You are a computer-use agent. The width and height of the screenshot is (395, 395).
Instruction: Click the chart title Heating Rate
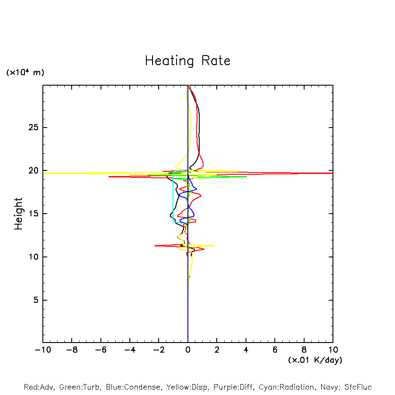point(187,61)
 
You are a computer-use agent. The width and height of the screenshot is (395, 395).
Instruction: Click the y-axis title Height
point(18,214)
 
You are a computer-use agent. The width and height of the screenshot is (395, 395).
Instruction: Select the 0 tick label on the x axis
point(188,350)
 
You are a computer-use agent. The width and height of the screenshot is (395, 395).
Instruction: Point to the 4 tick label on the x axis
point(246,350)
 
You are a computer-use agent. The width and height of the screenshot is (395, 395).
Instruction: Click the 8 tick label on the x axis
point(304,350)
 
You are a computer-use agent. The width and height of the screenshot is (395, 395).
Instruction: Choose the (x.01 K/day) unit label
point(315,360)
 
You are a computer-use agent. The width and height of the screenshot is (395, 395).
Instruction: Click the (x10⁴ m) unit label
point(25,73)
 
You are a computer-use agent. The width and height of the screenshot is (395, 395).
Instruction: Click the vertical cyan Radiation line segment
point(173,197)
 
